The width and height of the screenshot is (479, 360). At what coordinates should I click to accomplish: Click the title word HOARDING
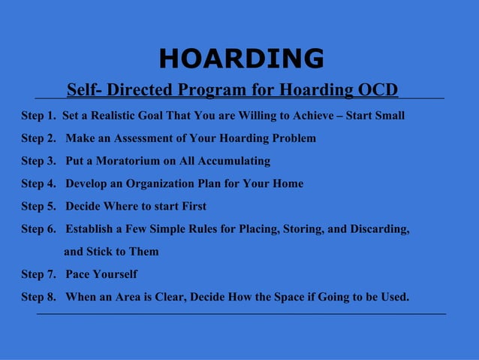[x=241, y=58]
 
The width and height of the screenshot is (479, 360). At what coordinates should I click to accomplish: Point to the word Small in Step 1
[x=390, y=116]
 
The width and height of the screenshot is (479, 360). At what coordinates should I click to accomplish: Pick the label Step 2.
[x=38, y=138]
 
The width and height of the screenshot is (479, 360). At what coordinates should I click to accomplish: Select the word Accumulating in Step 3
[x=236, y=161]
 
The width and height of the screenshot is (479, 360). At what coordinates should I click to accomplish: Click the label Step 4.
[x=38, y=183]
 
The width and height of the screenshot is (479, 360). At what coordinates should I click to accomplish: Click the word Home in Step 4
[x=288, y=183]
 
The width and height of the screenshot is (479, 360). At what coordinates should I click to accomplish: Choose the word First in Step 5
[x=191, y=206]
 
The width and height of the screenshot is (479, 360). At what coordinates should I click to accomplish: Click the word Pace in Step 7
[x=79, y=274]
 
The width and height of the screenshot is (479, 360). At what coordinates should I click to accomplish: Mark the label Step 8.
[x=38, y=296]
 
